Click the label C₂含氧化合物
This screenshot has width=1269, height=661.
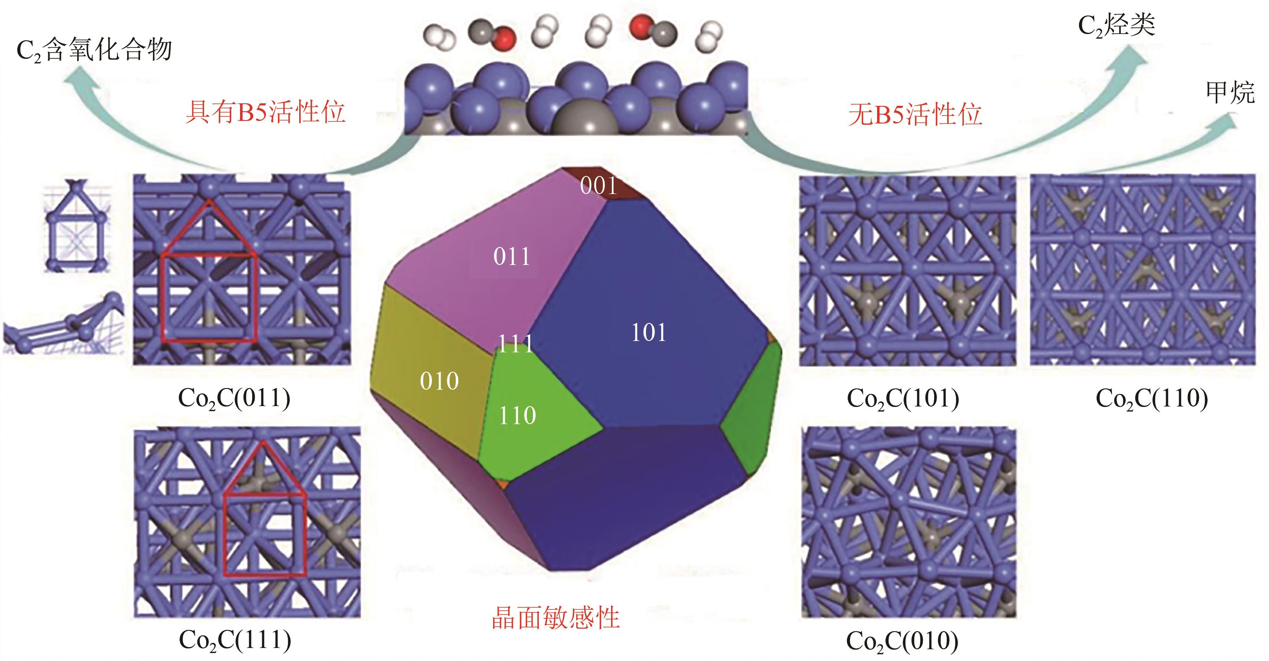pyautogui.click(x=94, y=50)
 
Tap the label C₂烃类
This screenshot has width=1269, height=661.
pyautogui.click(x=1116, y=25)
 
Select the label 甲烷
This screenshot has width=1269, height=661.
pyautogui.click(x=1230, y=93)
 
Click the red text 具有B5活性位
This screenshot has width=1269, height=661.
pyautogui.click(x=266, y=113)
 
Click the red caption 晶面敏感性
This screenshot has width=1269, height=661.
pyautogui.click(x=555, y=618)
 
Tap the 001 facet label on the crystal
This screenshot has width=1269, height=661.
pyautogui.click(x=598, y=186)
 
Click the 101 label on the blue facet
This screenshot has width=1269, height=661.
pyautogui.click(x=648, y=333)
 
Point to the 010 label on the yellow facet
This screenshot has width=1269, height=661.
pyautogui.click(x=439, y=381)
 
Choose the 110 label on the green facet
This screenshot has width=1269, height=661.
pyautogui.click(x=517, y=415)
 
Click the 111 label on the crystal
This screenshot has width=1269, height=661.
pyautogui.click(x=515, y=344)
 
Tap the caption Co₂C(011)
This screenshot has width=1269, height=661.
pyautogui.click(x=235, y=398)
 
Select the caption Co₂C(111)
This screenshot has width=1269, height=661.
pyautogui.click(x=235, y=640)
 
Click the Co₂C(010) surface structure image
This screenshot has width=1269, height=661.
pyautogui.click(x=909, y=522)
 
